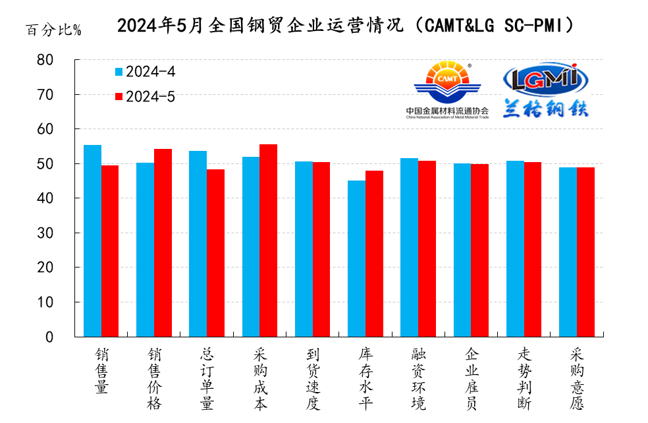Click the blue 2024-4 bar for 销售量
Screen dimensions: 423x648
(x=92, y=241)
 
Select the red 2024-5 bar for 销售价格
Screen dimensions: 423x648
(x=163, y=243)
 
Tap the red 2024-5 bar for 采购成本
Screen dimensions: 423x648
(x=268, y=240)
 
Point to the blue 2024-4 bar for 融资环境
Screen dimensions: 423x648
(x=409, y=248)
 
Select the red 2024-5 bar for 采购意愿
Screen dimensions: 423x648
(x=585, y=252)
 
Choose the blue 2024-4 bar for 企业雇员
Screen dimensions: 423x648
(x=462, y=250)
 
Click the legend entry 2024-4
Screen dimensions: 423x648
(x=145, y=72)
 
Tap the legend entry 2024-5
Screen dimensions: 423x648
(x=145, y=97)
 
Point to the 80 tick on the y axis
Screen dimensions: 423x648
(x=63, y=60)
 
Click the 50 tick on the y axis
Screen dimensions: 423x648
(x=63, y=163)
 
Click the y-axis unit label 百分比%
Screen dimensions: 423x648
(x=53, y=30)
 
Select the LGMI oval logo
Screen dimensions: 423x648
(x=545, y=78)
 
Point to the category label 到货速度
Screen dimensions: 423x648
(x=312, y=380)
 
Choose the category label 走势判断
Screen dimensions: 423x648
(x=524, y=380)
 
